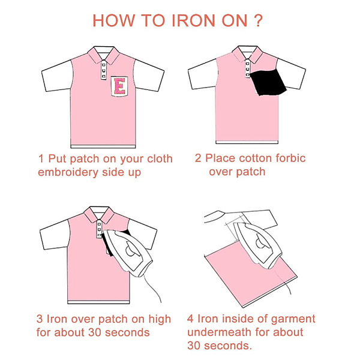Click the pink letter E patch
point(119,86)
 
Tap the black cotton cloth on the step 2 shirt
point(268,82)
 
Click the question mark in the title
point(259,20)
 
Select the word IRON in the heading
point(194,20)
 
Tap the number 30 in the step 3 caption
point(95,332)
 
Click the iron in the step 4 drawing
point(258,245)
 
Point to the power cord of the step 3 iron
point(152,287)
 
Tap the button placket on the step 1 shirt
point(104,70)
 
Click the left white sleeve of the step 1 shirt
point(57,76)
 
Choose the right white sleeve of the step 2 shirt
point(292,74)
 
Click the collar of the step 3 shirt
point(99,214)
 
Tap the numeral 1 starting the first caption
point(41,158)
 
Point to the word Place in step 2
point(220,158)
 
